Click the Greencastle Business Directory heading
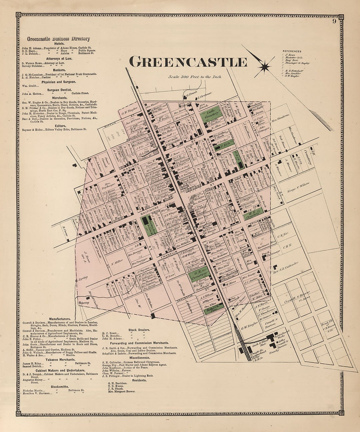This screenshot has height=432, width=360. pos(58,39)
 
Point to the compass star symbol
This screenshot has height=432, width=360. pos(265,67)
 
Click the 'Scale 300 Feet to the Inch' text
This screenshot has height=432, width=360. pos(195,77)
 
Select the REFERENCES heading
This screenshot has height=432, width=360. pos(292,51)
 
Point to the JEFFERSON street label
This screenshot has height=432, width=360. pos(122,184)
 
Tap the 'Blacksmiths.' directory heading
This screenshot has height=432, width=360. pos(60,387)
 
